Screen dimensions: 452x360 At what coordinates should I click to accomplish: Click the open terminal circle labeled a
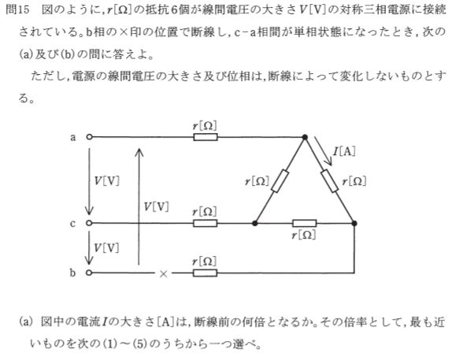click(x=89, y=137)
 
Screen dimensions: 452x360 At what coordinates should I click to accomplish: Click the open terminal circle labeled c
click(x=89, y=223)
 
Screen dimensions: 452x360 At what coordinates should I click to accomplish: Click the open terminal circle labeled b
click(x=89, y=273)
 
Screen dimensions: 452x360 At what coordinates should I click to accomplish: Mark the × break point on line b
click(x=164, y=273)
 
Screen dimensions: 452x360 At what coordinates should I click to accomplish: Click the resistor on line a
click(x=206, y=137)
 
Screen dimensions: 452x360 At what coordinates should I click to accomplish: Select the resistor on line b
click(x=205, y=273)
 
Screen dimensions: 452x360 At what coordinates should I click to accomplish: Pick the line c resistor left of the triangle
click(x=205, y=223)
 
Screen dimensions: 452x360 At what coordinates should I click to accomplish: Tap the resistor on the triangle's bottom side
click(x=305, y=223)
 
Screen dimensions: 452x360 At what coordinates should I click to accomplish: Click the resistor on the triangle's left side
click(x=280, y=181)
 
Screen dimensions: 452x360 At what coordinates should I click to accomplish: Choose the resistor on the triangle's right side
click(x=330, y=181)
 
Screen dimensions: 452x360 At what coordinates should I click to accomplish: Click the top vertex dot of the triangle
click(x=305, y=137)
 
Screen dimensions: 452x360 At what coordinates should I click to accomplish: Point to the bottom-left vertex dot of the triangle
click(x=255, y=223)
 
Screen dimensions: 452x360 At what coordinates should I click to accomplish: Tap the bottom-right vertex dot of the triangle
click(x=354, y=223)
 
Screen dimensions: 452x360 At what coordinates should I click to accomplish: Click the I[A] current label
click(x=344, y=151)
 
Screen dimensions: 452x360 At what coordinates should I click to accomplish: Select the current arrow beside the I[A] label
click(x=323, y=151)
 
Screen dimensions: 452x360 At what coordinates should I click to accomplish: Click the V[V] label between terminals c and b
click(x=106, y=247)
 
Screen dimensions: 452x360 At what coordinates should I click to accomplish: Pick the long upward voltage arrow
click(x=139, y=206)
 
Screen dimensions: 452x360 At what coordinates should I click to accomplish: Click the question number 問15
click(x=17, y=9)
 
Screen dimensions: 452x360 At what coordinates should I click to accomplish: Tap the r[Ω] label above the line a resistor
click(x=205, y=126)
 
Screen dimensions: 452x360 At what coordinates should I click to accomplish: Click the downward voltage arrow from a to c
click(x=89, y=182)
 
